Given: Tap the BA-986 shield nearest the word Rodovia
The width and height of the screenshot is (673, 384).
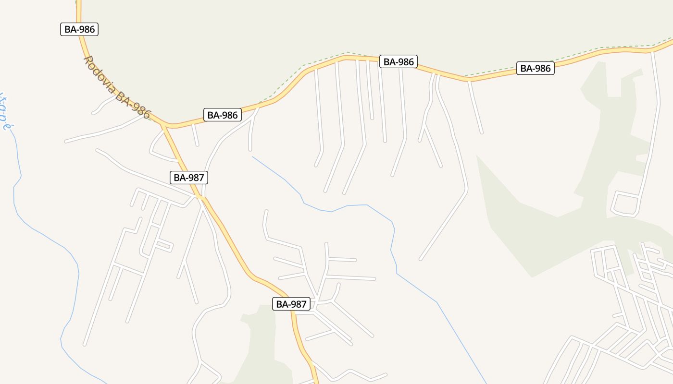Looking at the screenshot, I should (x=80, y=29).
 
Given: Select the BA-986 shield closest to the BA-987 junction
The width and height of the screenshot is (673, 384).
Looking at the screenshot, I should (x=222, y=115).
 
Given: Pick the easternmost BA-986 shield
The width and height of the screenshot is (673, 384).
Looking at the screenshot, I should (x=535, y=68).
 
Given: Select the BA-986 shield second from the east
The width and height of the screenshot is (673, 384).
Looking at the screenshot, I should (x=398, y=61).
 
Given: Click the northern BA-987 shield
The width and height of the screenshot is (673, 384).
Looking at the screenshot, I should (x=189, y=178).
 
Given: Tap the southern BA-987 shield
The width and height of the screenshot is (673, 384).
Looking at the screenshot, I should (x=291, y=304).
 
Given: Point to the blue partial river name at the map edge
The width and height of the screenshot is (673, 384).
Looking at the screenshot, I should (x=5, y=113).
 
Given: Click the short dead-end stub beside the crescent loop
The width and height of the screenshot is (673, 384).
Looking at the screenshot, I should (x=195, y=135).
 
